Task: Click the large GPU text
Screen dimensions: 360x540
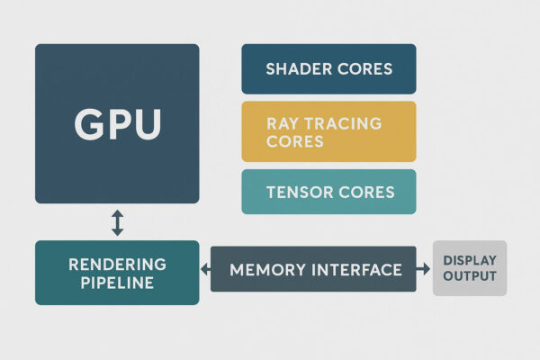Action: click(x=117, y=123)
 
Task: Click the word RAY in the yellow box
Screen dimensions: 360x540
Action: click(x=283, y=123)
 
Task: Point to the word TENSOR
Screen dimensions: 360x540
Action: click(x=297, y=192)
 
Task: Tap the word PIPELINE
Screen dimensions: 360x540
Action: click(x=117, y=283)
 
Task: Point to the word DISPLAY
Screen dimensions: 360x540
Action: click(x=470, y=261)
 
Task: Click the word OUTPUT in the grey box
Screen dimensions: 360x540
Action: click(x=470, y=276)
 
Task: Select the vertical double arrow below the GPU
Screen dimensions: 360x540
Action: click(x=117, y=221)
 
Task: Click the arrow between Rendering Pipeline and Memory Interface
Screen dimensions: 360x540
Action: click(x=205, y=269)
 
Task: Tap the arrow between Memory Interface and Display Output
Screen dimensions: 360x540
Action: click(x=424, y=269)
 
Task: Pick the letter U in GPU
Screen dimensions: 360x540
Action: click(x=146, y=123)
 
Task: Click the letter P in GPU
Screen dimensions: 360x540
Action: click(x=118, y=123)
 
